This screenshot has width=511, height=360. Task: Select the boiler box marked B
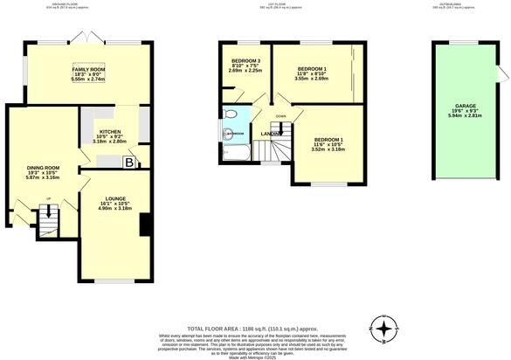[129, 163]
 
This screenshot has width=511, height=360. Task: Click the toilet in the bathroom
[228, 134]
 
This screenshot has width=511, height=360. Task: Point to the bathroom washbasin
[230, 114]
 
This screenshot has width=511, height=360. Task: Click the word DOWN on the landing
[280, 116]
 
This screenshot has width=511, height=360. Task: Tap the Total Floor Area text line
[256, 326]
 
